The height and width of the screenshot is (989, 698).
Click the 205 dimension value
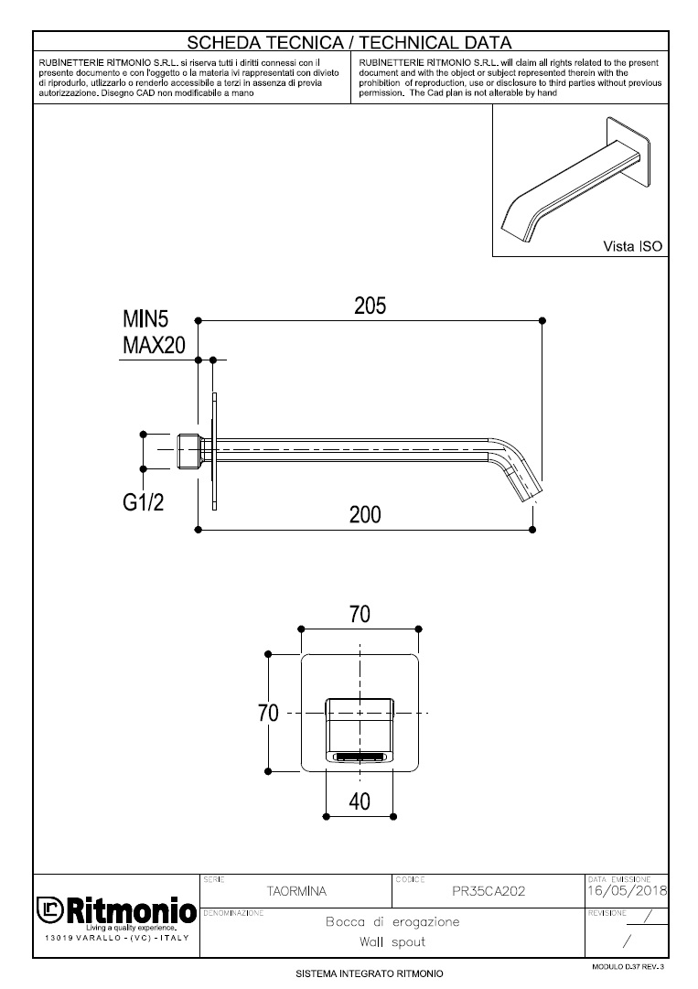(x=370, y=306)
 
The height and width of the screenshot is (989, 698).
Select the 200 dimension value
(x=365, y=515)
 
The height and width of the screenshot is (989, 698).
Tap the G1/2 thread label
(x=143, y=502)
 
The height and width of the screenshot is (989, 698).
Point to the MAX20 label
(x=154, y=345)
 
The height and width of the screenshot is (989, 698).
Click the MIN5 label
(x=145, y=319)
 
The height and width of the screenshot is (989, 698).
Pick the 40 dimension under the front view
(x=360, y=801)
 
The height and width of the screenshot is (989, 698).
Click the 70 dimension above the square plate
(x=360, y=614)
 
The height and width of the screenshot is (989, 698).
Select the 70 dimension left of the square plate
(x=268, y=713)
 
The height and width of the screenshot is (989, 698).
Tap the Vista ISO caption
(x=632, y=246)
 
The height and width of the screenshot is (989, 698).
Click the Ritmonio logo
(x=116, y=912)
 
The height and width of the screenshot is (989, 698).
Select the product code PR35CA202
(x=489, y=891)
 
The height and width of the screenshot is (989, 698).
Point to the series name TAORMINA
(x=296, y=891)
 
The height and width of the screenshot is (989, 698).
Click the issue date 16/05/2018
(x=627, y=890)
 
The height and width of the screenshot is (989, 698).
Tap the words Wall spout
(x=392, y=942)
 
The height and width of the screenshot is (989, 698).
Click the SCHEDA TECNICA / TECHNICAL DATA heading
(x=349, y=42)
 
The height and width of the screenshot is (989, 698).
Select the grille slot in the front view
(x=360, y=756)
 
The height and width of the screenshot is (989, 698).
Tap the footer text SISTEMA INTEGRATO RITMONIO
(x=370, y=973)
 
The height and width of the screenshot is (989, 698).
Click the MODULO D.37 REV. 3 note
(x=628, y=966)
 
